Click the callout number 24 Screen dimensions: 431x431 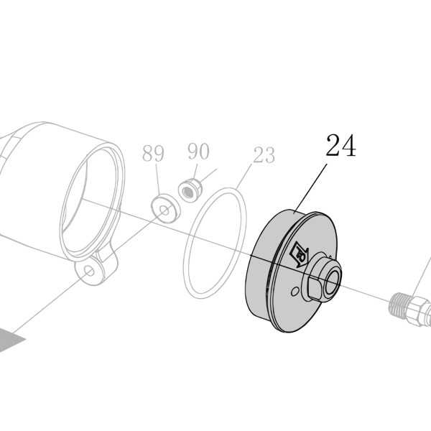coord(340,145)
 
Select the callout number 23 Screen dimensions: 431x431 coord(264,154)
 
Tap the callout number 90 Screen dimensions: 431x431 coord(198,151)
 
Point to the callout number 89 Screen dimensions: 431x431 coord(153,153)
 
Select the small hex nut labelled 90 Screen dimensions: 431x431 coord(190,190)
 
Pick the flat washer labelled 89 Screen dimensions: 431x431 coord(166,208)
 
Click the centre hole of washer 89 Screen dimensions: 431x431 coord(165,210)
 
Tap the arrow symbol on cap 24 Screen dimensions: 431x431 coord(299,254)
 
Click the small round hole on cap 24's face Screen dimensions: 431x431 coord(295,292)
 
